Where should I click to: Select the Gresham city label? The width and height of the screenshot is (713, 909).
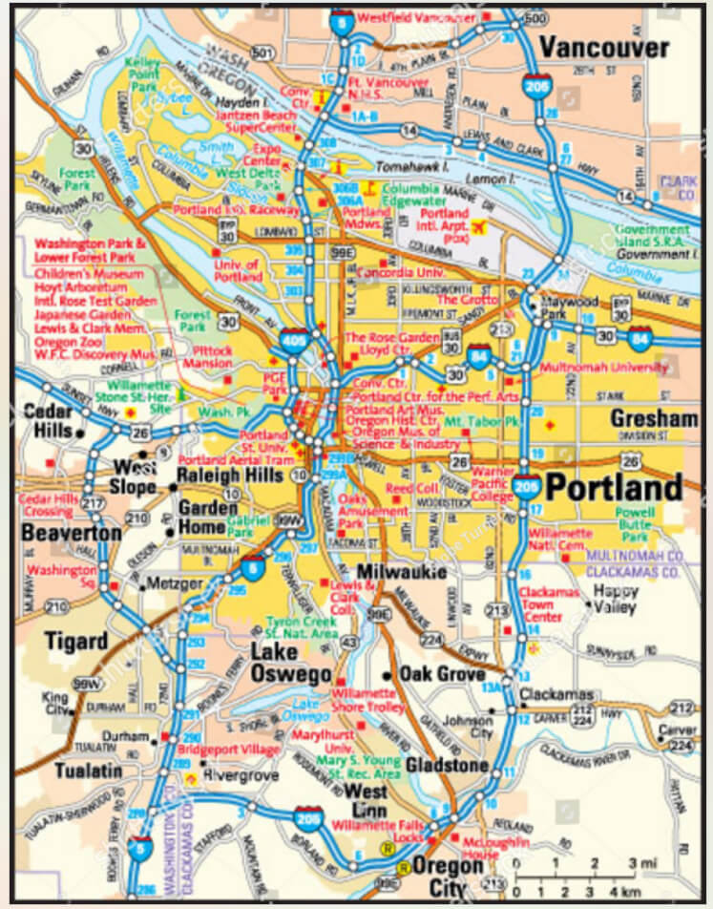[654, 419]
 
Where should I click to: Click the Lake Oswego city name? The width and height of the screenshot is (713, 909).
[289, 662]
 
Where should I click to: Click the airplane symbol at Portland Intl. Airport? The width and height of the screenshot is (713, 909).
[478, 227]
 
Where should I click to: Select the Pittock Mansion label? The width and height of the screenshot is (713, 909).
[208, 356]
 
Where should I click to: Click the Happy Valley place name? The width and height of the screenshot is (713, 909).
[616, 597]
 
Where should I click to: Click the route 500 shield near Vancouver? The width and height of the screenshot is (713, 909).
[538, 19]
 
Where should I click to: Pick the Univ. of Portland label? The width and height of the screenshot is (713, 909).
[238, 270]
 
